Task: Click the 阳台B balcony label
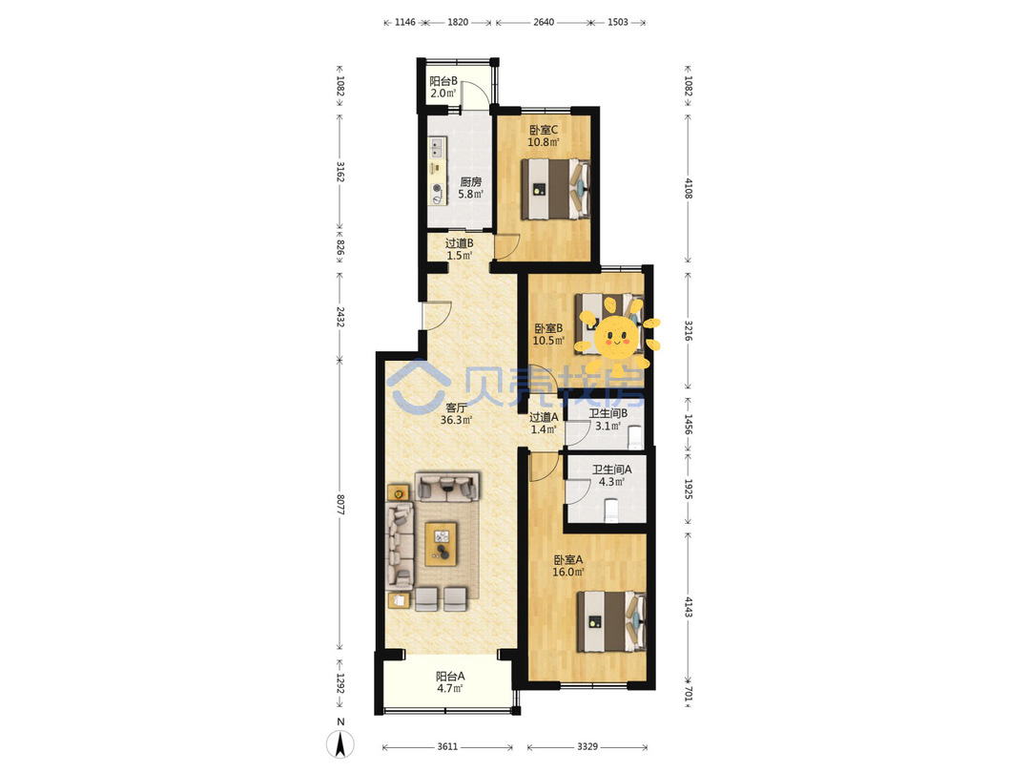(x=443, y=87)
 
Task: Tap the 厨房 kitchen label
(x=470, y=188)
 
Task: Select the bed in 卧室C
(x=556, y=189)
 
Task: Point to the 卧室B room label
(x=548, y=335)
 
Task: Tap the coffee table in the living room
(x=441, y=544)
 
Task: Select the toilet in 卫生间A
(x=611, y=510)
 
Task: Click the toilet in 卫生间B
(x=634, y=437)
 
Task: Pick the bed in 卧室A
(x=612, y=622)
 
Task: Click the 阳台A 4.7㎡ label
(x=450, y=682)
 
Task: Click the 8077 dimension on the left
(x=340, y=505)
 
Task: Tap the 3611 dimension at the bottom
(x=447, y=746)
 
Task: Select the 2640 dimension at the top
(x=544, y=22)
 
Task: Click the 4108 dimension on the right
(x=689, y=189)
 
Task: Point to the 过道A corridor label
(x=544, y=424)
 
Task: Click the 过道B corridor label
(x=459, y=249)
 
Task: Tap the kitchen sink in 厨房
(x=437, y=147)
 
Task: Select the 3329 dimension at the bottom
(x=587, y=746)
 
